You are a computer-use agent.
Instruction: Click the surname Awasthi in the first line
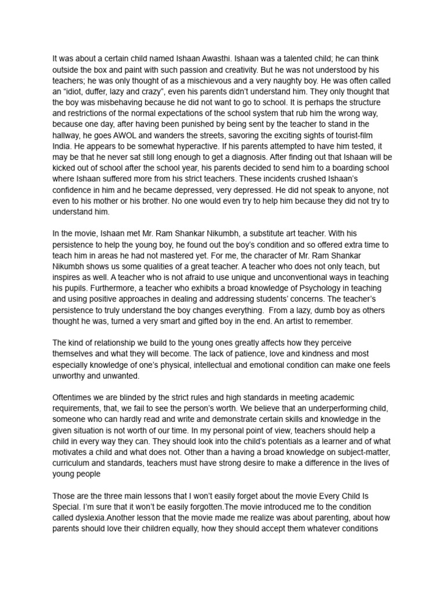tap(183, 59)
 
